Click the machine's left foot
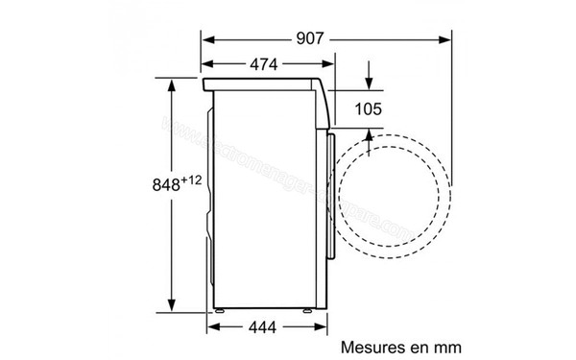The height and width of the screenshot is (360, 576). pos(222,312)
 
